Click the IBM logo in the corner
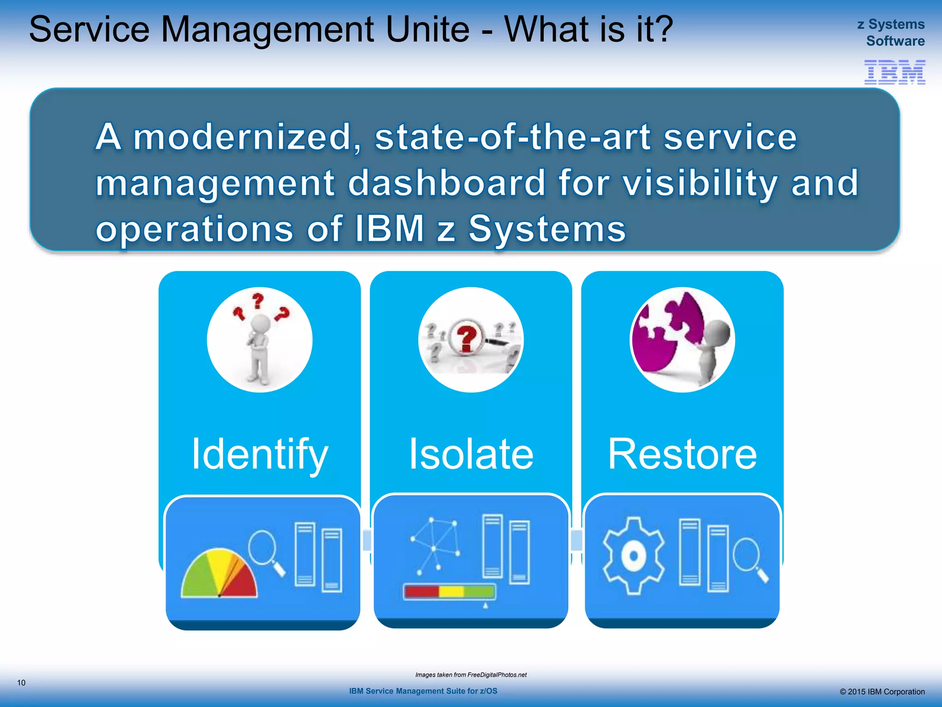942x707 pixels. coord(894,72)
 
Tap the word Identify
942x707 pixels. coord(260,454)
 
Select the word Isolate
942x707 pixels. coord(471,454)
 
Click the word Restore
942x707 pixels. coord(682,454)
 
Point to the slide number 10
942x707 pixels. coord(21,683)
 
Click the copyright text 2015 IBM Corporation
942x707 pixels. coord(882,691)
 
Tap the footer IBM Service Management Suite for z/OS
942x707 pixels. coord(423,691)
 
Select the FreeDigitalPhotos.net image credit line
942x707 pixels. coord(471,675)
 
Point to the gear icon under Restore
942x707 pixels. coord(633,556)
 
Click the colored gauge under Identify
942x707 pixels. coord(218,573)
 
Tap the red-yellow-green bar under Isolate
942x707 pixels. coord(449,591)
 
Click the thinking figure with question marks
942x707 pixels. coord(259,340)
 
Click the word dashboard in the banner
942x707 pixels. coord(446,183)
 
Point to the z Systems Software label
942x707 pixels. coord(891,32)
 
